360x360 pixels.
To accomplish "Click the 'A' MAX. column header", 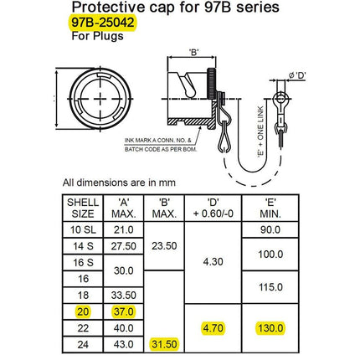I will pos(124,208).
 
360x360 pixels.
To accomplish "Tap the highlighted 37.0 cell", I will pos(124,311).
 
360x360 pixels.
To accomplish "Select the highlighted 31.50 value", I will pos(163,344).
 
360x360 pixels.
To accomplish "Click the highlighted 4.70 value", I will pos(213,328).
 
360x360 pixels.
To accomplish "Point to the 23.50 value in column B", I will pos(163,246).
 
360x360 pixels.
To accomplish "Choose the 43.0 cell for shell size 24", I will pos(124,344).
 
